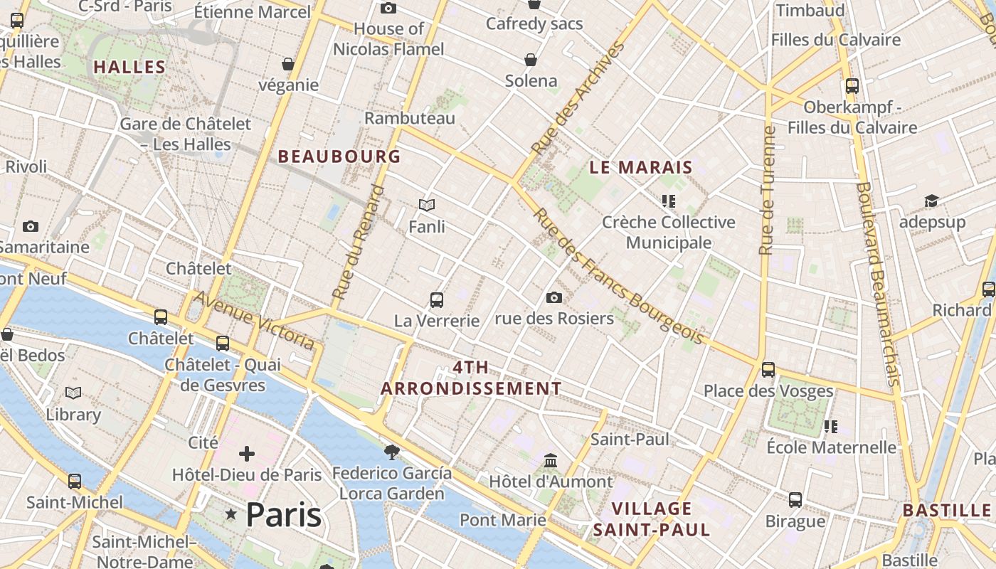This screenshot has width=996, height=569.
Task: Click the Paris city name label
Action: pyautogui.click(x=283, y=515)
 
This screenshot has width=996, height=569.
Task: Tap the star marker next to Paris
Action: pyautogui.click(x=231, y=514)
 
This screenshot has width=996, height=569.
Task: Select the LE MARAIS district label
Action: pyautogui.click(x=641, y=168)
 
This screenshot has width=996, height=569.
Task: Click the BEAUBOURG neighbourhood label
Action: pyautogui.click(x=339, y=156)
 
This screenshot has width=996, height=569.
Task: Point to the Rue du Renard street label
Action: pyautogui.click(x=358, y=242)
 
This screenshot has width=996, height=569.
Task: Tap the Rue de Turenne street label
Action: pyautogui.click(x=766, y=191)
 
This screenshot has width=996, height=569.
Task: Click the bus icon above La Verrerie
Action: pyautogui.click(x=437, y=300)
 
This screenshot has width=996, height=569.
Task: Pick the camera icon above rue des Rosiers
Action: pyautogui.click(x=554, y=297)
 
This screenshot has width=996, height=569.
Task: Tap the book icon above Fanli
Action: pyautogui.click(x=427, y=206)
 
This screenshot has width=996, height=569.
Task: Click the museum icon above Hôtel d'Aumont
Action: pyautogui.click(x=551, y=461)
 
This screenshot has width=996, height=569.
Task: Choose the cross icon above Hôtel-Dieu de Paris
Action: pyautogui.click(x=247, y=454)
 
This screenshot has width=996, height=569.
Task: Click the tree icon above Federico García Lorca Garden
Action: pyautogui.click(x=391, y=452)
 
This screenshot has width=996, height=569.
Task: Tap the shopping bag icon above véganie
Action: pyautogui.click(x=288, y=65)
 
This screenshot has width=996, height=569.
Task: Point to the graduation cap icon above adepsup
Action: pyautogui.click(x=932, y=201)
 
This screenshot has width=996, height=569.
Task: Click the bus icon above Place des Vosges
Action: pyautogui.click(x=768, y=370)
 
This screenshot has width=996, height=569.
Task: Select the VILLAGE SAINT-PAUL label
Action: pyautogui.click(x=652, y=519)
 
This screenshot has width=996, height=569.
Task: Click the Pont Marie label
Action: pyautogui.click(x=503, y=520)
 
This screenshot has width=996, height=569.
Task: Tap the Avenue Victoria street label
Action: pyautogui.click(x=254, y=320)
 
